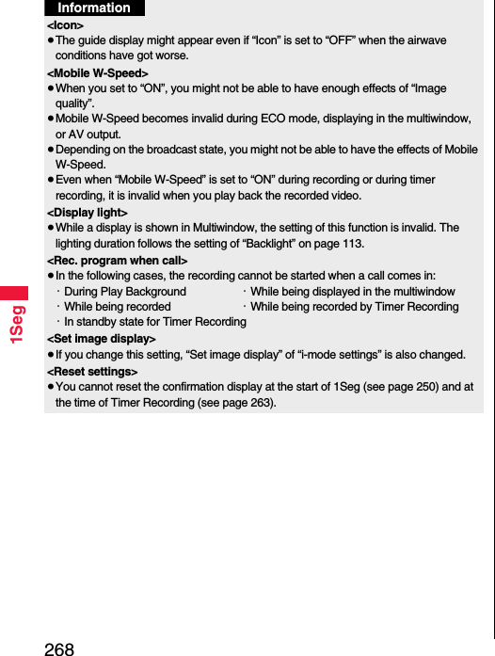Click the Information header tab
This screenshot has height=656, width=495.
point(94,8)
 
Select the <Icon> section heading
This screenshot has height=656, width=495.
point(65,24)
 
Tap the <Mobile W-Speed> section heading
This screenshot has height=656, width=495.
point(98,72)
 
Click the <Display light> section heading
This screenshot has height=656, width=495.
point(88,213)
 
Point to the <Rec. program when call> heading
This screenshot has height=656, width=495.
point(118,260)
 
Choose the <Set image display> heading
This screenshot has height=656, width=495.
point(102,338)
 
